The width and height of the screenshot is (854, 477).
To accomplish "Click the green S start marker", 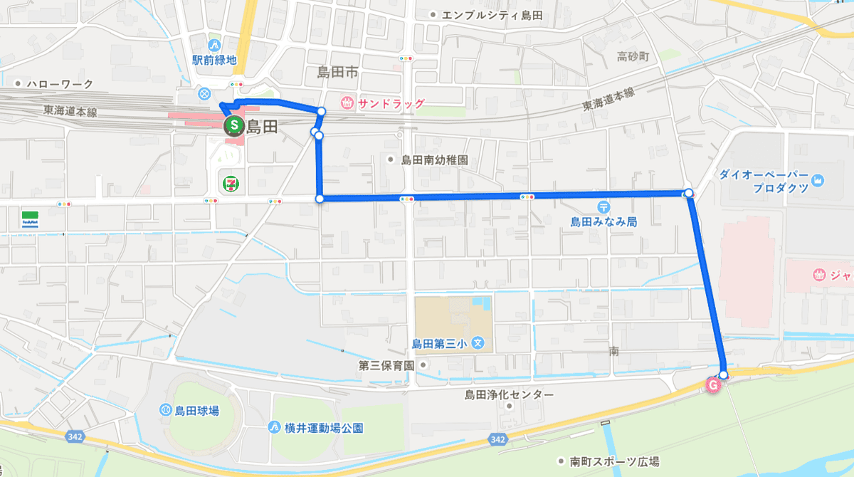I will point(232,127).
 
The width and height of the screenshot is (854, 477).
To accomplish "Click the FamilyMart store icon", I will point(30,218).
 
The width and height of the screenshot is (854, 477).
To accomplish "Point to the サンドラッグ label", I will point(391,103).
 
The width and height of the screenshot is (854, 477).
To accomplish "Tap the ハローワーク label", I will point(60,84).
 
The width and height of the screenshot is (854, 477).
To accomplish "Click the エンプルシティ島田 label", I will point(492,15).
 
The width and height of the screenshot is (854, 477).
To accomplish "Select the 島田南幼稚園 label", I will point(433,160).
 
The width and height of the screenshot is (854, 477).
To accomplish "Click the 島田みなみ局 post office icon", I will point(603,206).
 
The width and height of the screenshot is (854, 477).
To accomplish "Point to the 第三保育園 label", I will point(386,365).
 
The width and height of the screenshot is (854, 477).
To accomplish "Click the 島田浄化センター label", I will point(508,394).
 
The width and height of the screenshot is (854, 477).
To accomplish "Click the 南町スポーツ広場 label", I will point(614,461).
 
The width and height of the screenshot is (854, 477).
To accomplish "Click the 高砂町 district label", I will point(633,56).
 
